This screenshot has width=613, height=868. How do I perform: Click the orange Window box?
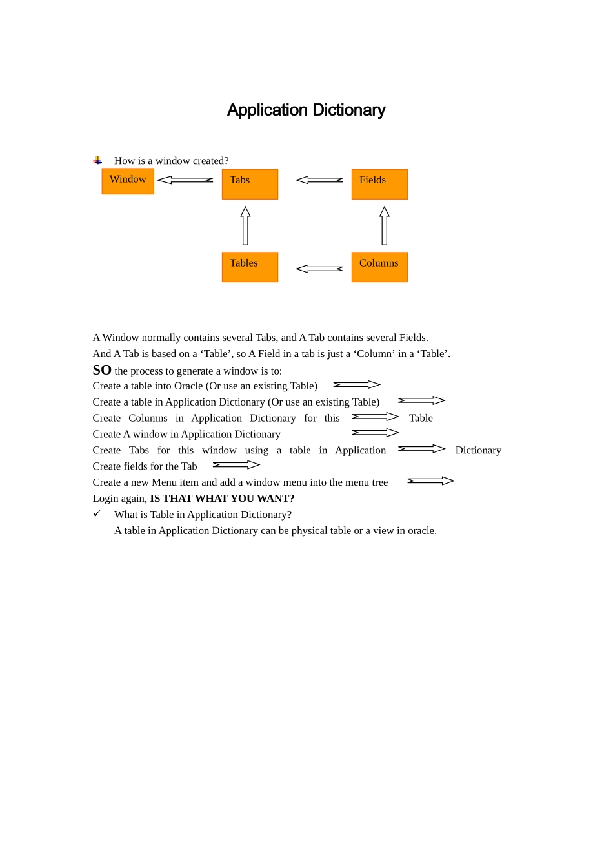click(128, 181)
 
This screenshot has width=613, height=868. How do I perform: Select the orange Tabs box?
click(250, 184)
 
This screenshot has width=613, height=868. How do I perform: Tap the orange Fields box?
click(379, 184)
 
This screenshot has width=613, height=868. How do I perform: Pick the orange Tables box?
click(250, 267)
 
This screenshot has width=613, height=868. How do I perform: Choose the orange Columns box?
click(379, 267)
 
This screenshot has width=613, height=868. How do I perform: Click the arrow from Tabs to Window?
click(185, 180)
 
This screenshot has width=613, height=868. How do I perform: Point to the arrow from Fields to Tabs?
click(319, 180)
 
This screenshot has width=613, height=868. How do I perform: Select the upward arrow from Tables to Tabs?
click(245, 225)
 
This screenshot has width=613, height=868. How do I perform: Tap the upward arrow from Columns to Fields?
click(385, 225)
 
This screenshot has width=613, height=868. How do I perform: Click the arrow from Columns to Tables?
click(319, 269)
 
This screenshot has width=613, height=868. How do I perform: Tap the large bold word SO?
click(102, 370)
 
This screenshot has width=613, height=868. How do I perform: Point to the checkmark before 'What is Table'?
click(97, 513)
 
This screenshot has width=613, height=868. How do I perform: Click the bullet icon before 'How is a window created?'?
click(97, 160)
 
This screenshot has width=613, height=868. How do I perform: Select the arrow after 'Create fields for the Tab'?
click(236, 464)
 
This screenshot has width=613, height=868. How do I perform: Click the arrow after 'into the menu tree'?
click(431, 480)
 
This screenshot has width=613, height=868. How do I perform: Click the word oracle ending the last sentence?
click(421, 531)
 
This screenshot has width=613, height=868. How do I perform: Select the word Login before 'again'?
click(106, 499)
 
